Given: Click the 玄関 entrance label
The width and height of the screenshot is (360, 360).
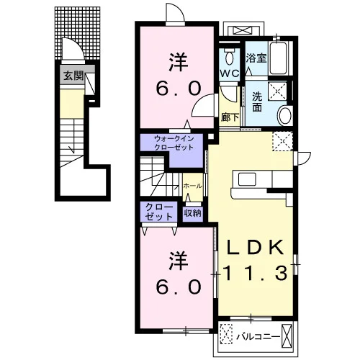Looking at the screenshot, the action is pyautogui.click(x=73, y=76).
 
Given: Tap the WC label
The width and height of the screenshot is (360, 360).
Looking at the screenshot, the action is pyautogui.click(x=230, y=73).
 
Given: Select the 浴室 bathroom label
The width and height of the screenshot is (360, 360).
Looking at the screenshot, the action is pyautogui.click(x=256, y=58).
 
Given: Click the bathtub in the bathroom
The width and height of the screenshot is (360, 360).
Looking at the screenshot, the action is pyautogui.click(x=278, y=58).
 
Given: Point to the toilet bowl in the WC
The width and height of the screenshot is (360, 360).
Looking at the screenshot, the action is pyautogui.click(x=229, y=58).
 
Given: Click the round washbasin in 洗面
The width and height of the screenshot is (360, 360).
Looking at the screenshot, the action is pyautogui.click(x=284, y=115).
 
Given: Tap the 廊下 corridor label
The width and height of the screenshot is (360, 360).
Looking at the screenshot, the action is pyautogui.click(x=230, y=117).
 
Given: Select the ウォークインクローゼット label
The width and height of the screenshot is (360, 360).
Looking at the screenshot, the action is pyautogui.click(x=174, y=143).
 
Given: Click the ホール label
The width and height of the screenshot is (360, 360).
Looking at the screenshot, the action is pyautogui.click(x=192, y=186).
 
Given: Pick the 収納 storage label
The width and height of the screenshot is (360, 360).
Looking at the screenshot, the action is pyautogui.click(x=192, y=212).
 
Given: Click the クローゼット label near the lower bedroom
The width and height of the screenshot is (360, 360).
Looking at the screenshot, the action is pyautogui.click(x=159, y=212).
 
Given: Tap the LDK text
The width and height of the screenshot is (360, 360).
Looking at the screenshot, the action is pyautogui.click(x=255, y=247).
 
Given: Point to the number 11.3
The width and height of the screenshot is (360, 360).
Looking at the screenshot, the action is pyautogui.click(x=255, y=274).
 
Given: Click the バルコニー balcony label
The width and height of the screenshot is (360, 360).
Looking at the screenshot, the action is pyautogui.click(x=258, y=337).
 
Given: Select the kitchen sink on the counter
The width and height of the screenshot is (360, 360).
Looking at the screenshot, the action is pyautogui.click(x=247, y=179).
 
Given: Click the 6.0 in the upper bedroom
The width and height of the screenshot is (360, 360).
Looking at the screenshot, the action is pyautogui.click(x=179, y=88).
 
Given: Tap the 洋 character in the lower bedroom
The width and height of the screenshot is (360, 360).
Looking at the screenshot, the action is pyautogui.click(x=179, y=261).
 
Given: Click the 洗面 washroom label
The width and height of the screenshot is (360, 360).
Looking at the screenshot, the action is pyautogui.click(x=257, y=102).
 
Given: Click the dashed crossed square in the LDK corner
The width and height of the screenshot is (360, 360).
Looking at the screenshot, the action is pyautogui.click(x=283, y=141).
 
